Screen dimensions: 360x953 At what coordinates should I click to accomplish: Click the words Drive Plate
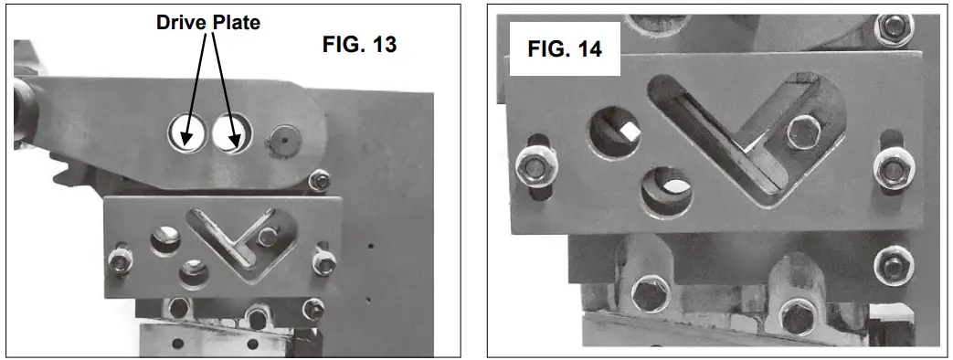click(206, 22)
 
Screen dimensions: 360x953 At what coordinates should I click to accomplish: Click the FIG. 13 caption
click(360, 44)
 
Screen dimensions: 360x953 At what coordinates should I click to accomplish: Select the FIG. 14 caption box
click(566, 49)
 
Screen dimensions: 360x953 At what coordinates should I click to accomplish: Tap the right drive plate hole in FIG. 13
click(229, 134)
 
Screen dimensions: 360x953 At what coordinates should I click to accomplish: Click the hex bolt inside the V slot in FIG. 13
click(267, 237)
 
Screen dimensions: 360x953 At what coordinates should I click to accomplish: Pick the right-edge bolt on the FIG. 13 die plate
click(322, 262)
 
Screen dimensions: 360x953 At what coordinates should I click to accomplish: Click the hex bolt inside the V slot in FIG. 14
click(804, 131)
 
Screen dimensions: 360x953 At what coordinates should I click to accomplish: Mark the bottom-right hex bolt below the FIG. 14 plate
click(799, 317)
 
